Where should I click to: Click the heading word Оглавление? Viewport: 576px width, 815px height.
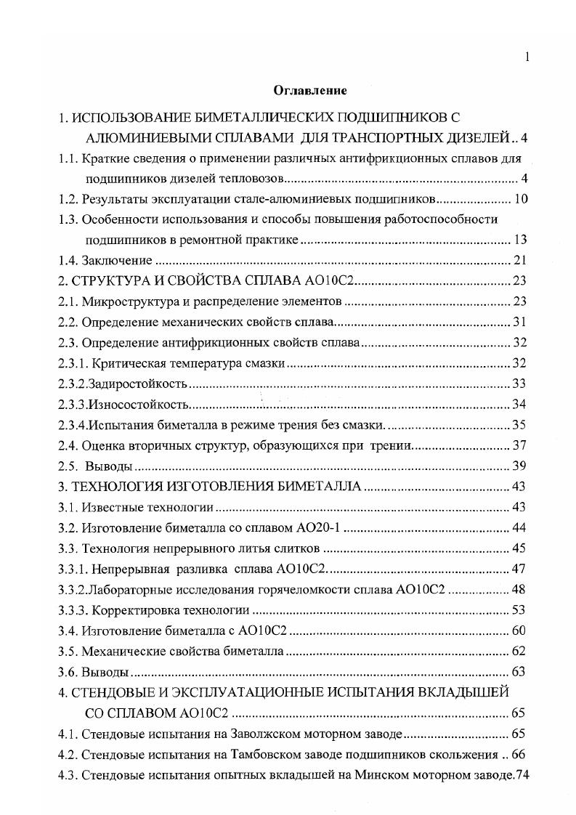point(310,91)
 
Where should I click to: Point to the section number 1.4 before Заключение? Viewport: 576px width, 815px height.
point(67,261)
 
